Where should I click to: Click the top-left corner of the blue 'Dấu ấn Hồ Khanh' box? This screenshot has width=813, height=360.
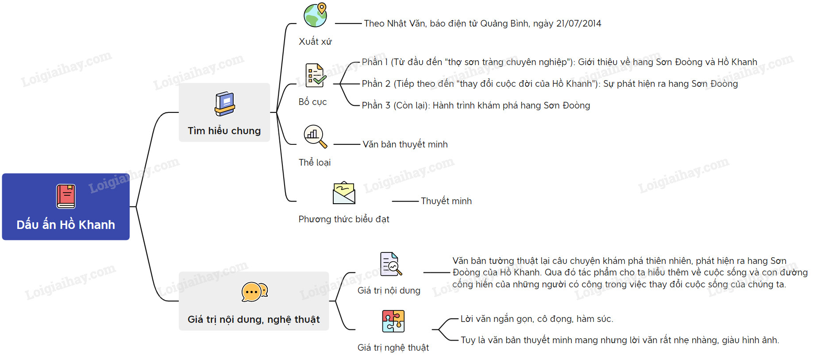tap(2, 174)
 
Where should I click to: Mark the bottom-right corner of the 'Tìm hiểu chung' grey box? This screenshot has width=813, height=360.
tap(270, 142)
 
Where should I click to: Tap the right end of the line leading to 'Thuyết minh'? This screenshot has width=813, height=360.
tap(418, 201)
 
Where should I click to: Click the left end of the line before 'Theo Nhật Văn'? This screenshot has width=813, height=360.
tap(335, 23)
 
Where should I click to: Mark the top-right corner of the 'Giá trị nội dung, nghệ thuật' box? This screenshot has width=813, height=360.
tap(329, 272)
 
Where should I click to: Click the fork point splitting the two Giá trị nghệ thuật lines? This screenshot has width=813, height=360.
tap(438, 329)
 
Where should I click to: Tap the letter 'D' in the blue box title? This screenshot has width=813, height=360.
tap(20, 225)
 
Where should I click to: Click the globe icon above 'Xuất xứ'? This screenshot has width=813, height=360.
tap(315, 15)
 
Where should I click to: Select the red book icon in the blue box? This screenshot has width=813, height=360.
tap(66, 196)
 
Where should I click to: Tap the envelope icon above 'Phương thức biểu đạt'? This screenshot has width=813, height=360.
tap(344, 193)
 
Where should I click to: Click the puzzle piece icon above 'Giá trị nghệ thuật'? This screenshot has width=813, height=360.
tap(393, 321)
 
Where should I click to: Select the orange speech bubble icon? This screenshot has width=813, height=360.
tap(254, 292)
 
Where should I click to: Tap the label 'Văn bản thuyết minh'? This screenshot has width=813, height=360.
tap(405, 144)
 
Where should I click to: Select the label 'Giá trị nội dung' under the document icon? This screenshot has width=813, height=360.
tap(389, 290)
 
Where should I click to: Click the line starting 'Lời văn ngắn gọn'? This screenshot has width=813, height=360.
tap(537, 319)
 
